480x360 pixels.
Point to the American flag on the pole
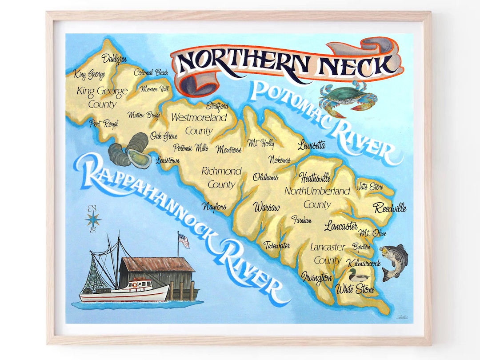pos(184,240)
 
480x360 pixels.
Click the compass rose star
pos(93,219)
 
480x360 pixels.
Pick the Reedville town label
pos(389,208)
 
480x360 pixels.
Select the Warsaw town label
pos(267,208)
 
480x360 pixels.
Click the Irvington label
pos(316,278)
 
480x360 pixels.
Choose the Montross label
pos(229,150)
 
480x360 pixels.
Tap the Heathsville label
pos(315,178)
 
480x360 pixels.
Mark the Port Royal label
pos(103,124)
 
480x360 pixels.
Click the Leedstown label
pos(168,160)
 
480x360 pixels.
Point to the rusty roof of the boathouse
pos(157,264)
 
